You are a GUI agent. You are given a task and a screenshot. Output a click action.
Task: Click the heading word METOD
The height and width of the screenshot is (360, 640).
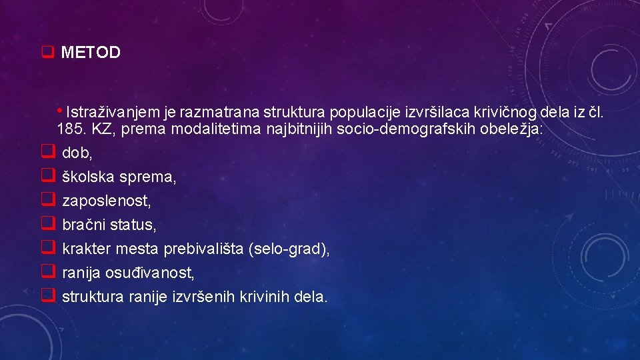click(x=91, y=53)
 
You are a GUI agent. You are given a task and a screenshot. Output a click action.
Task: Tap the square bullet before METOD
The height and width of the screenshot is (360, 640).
click(x=47, y=53)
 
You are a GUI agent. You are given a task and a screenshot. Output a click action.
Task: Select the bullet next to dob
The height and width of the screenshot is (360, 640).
click(x=47, y=153)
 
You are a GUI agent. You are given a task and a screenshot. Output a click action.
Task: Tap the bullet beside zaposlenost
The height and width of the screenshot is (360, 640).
click(x=47, y=200)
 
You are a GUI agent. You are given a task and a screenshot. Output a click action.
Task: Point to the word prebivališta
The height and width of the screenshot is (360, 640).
click(x=203, y=249)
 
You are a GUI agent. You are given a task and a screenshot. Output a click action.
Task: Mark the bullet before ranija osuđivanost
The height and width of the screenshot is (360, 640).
click(x=47, y=272)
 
